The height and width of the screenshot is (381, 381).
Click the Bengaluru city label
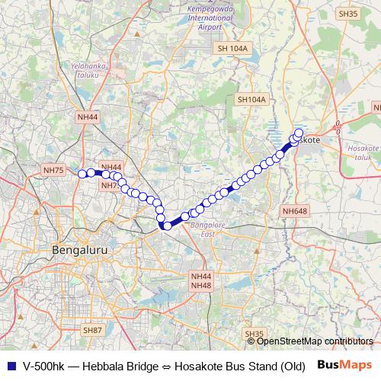(x=79, y=250)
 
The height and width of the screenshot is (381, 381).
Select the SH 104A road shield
(x=232, y=49)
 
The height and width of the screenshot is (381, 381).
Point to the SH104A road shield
(x=251, y=100)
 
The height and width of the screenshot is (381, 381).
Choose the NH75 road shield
(x=53, y=171)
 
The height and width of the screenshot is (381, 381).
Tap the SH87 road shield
(x=92, y=330)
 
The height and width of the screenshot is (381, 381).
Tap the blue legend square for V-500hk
(x=11, y=365)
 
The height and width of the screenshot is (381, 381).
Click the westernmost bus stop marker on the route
(x=82, y=174)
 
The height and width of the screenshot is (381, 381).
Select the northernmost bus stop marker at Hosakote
(x=299, y=133)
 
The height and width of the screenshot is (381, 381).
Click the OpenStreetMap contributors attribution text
(x=315, y=341)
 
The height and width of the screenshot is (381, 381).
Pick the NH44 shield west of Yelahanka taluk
(x=88, y=117)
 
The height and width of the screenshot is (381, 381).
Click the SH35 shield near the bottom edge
(x=254, y=335)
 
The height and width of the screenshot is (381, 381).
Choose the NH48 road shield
(x=200, y=285)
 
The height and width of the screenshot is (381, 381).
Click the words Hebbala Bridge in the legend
(x=110, y=365)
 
